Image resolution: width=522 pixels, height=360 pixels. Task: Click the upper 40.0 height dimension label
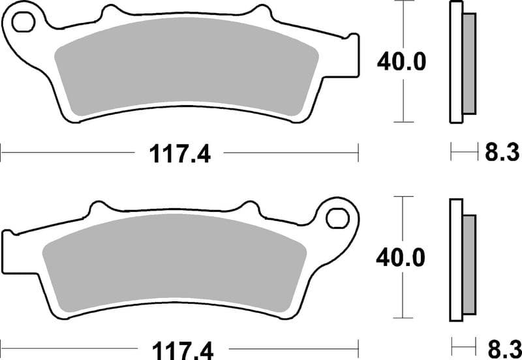pyautogui.click(x=401, y=62)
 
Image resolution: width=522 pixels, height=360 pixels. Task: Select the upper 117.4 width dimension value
pyautogui.click(x=180, y=154)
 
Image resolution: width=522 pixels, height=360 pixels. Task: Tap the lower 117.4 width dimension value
pyautogui.click(x=180, y=347)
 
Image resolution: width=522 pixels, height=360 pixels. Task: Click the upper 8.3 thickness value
pyautogui.click(x=502, y=153)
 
